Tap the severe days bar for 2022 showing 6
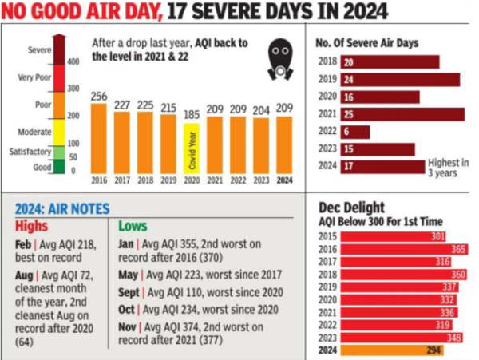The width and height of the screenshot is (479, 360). coord(355,132)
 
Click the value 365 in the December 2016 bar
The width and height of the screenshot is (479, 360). coord(457,249)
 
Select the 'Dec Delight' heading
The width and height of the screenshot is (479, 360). coord(351,207)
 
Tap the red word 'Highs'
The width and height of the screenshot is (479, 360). coord(32,227)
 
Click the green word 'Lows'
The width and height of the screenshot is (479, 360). coord(133,227)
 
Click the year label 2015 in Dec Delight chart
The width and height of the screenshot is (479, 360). coord(327,237)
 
